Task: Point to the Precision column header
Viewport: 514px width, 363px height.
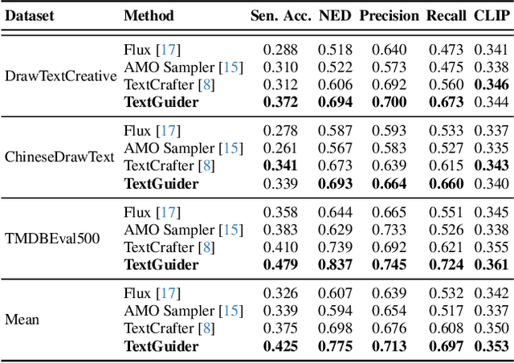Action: point(389,15)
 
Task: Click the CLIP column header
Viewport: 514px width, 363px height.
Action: point(492,15)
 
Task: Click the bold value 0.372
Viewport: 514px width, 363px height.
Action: point(280,102)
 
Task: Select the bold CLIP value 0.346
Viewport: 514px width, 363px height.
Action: point(492,84)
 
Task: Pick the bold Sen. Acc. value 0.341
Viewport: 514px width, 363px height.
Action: point(280,166)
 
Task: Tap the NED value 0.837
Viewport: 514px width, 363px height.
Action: point(337,265)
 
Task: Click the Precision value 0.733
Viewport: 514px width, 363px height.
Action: point(390,230)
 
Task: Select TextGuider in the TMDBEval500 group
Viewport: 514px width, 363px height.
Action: point(161,265)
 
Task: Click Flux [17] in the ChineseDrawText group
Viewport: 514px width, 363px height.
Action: point(152,130)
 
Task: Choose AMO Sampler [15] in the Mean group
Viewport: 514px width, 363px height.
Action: point(182,311)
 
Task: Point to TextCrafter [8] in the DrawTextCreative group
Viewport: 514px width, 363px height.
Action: point(169,84)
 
